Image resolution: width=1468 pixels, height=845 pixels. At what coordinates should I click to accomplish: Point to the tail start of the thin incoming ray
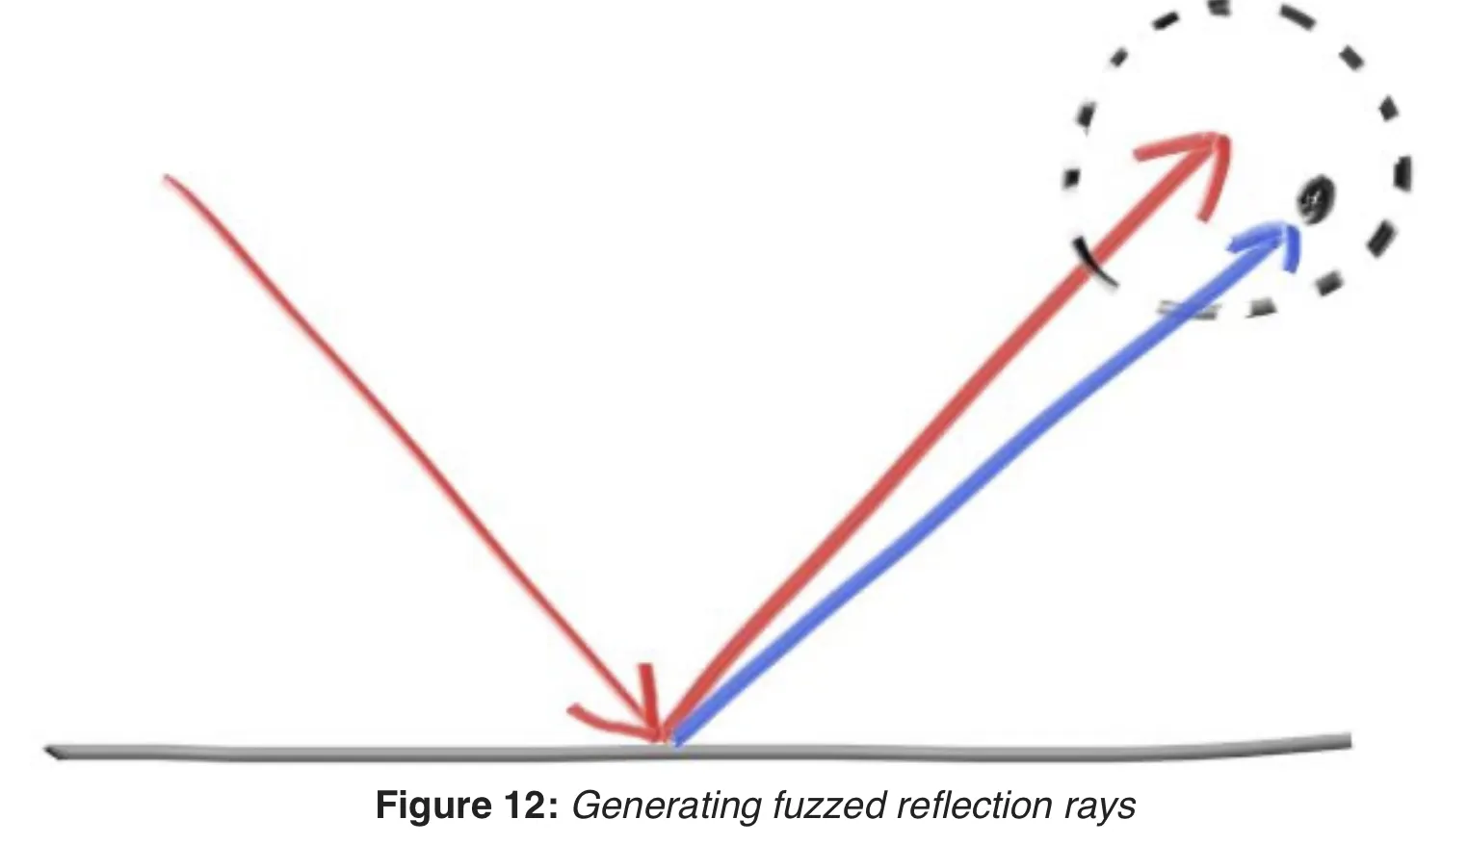pyautogui.click(x=169, y=179)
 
